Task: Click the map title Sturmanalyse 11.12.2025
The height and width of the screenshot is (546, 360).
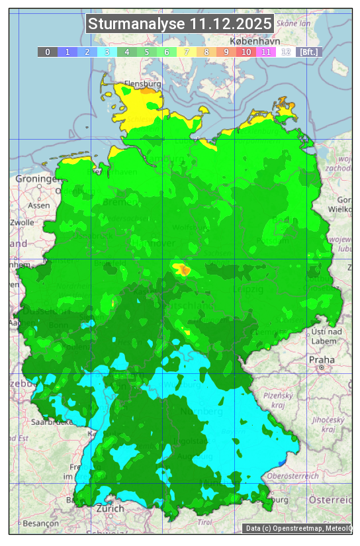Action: (x=180, y=24)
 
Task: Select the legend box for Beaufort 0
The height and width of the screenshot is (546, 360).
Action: (x=48, y=52)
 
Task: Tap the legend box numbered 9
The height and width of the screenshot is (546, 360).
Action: (x=226, y=52)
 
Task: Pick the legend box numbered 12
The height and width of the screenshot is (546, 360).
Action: (x=286, y=52)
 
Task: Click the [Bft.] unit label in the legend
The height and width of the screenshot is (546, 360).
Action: (x=308, y=52)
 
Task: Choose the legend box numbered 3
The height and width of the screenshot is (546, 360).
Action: (x=107, y=52)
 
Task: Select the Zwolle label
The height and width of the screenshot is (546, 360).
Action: (x=22, y=222)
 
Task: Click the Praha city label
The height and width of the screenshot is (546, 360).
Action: (x=322, y=360)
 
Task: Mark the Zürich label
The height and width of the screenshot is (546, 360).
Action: (x=110, y=508)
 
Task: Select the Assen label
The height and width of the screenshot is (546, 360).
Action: (x=39, y=205)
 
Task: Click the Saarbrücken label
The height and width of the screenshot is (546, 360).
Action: (x=52, y=422)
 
